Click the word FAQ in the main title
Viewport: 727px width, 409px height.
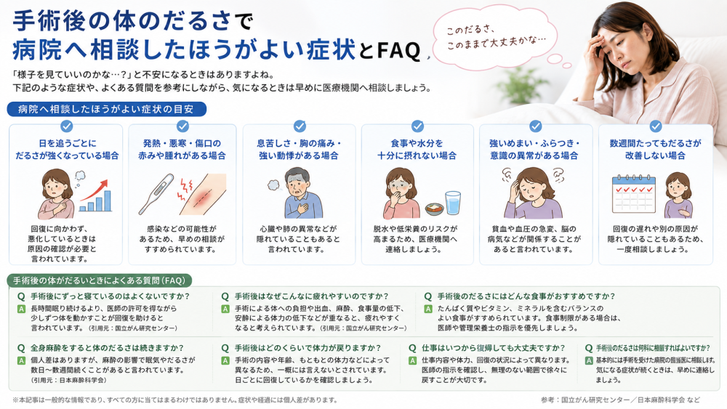pos(398,50)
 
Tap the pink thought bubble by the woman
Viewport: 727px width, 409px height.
pos(494,38)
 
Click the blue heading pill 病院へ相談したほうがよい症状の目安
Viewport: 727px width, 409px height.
pos(106,109)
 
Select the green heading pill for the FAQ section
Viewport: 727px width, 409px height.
pos(99,280)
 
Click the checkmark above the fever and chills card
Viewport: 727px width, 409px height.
pos(182,126)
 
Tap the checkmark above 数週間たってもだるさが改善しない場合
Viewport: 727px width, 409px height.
pos(655,126)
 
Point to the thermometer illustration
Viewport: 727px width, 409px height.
pos(156,195)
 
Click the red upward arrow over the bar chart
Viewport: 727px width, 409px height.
pos(94,191)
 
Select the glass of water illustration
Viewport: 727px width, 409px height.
pos(452,203)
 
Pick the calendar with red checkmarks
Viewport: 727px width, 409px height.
pos(633,194)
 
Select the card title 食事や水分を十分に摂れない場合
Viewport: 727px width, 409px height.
pos(417,149)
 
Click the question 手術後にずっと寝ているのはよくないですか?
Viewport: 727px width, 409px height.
pos(110,296)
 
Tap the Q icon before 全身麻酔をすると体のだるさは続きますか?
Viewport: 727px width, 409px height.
pos(21,348)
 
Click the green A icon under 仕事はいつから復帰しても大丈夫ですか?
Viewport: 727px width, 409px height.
pos(413,360)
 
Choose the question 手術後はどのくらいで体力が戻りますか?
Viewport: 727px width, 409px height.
pos(308,348)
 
